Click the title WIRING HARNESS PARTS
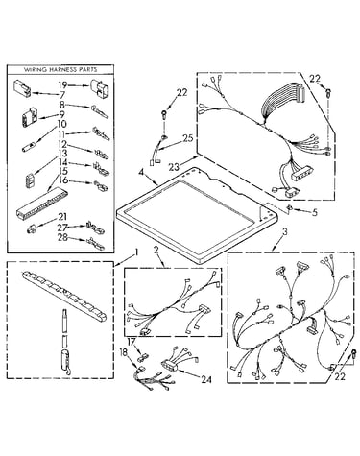pos(60,69)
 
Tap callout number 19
pos(62,85)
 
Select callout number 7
pos(61,95)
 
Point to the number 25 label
pos(187,138)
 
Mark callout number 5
pos(315,212)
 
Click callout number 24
pos(205,380)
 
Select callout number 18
pos(123,352)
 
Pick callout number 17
pos(132,342)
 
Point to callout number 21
pos(62,217)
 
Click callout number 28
pos(63,237)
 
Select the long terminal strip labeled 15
pos(41,203)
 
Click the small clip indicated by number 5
pos(289,208)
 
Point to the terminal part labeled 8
pos(100,110)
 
